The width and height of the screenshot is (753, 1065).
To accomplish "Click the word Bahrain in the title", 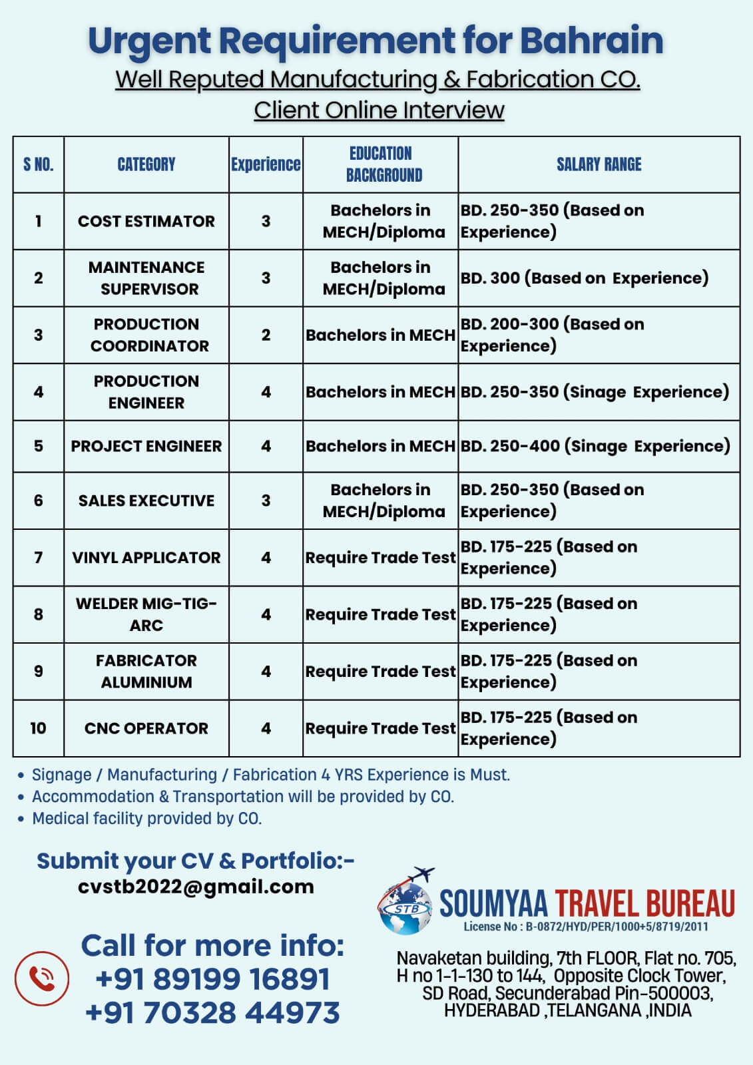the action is click(x=591, y=40).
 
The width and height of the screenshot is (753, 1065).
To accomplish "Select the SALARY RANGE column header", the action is click(x=599, y=164).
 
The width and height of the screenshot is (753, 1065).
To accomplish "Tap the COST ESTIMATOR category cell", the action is click(x=146, y=221).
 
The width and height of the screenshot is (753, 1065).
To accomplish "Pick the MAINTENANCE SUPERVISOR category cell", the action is click(x=146, y=278).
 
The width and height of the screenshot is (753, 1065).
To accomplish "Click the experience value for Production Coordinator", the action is click(x=266, y=335).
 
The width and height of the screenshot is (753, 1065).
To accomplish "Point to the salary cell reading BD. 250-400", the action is click(x=595, y=446).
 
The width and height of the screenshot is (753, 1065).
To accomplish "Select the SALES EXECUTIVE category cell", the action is click(x=146, y=501).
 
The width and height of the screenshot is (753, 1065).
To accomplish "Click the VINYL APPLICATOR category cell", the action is click(x=146, y=557).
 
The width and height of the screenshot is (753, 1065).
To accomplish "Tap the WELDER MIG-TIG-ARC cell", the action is click(x=146, y=614).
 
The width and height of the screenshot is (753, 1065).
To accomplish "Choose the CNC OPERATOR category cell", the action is click(x=146, y=728).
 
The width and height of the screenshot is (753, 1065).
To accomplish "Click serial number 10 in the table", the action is click(x=38, y=728).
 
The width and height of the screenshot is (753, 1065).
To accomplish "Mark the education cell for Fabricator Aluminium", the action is click(x=380, y=671).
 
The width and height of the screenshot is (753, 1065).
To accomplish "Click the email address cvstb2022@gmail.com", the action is click(x=196, y=887).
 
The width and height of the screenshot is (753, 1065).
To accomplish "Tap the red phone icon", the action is click(x=42, y=978).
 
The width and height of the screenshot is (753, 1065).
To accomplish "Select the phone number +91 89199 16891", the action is click(x=212, y=978).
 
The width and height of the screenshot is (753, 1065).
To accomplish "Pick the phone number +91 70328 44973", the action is click(x=212, y=1012).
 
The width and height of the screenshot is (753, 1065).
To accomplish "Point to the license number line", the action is click(x=586, y=927).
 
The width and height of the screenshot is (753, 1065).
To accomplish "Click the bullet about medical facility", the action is click(x=146, y=818).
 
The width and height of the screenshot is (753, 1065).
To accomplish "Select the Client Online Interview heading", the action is click(x=379, y=110).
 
